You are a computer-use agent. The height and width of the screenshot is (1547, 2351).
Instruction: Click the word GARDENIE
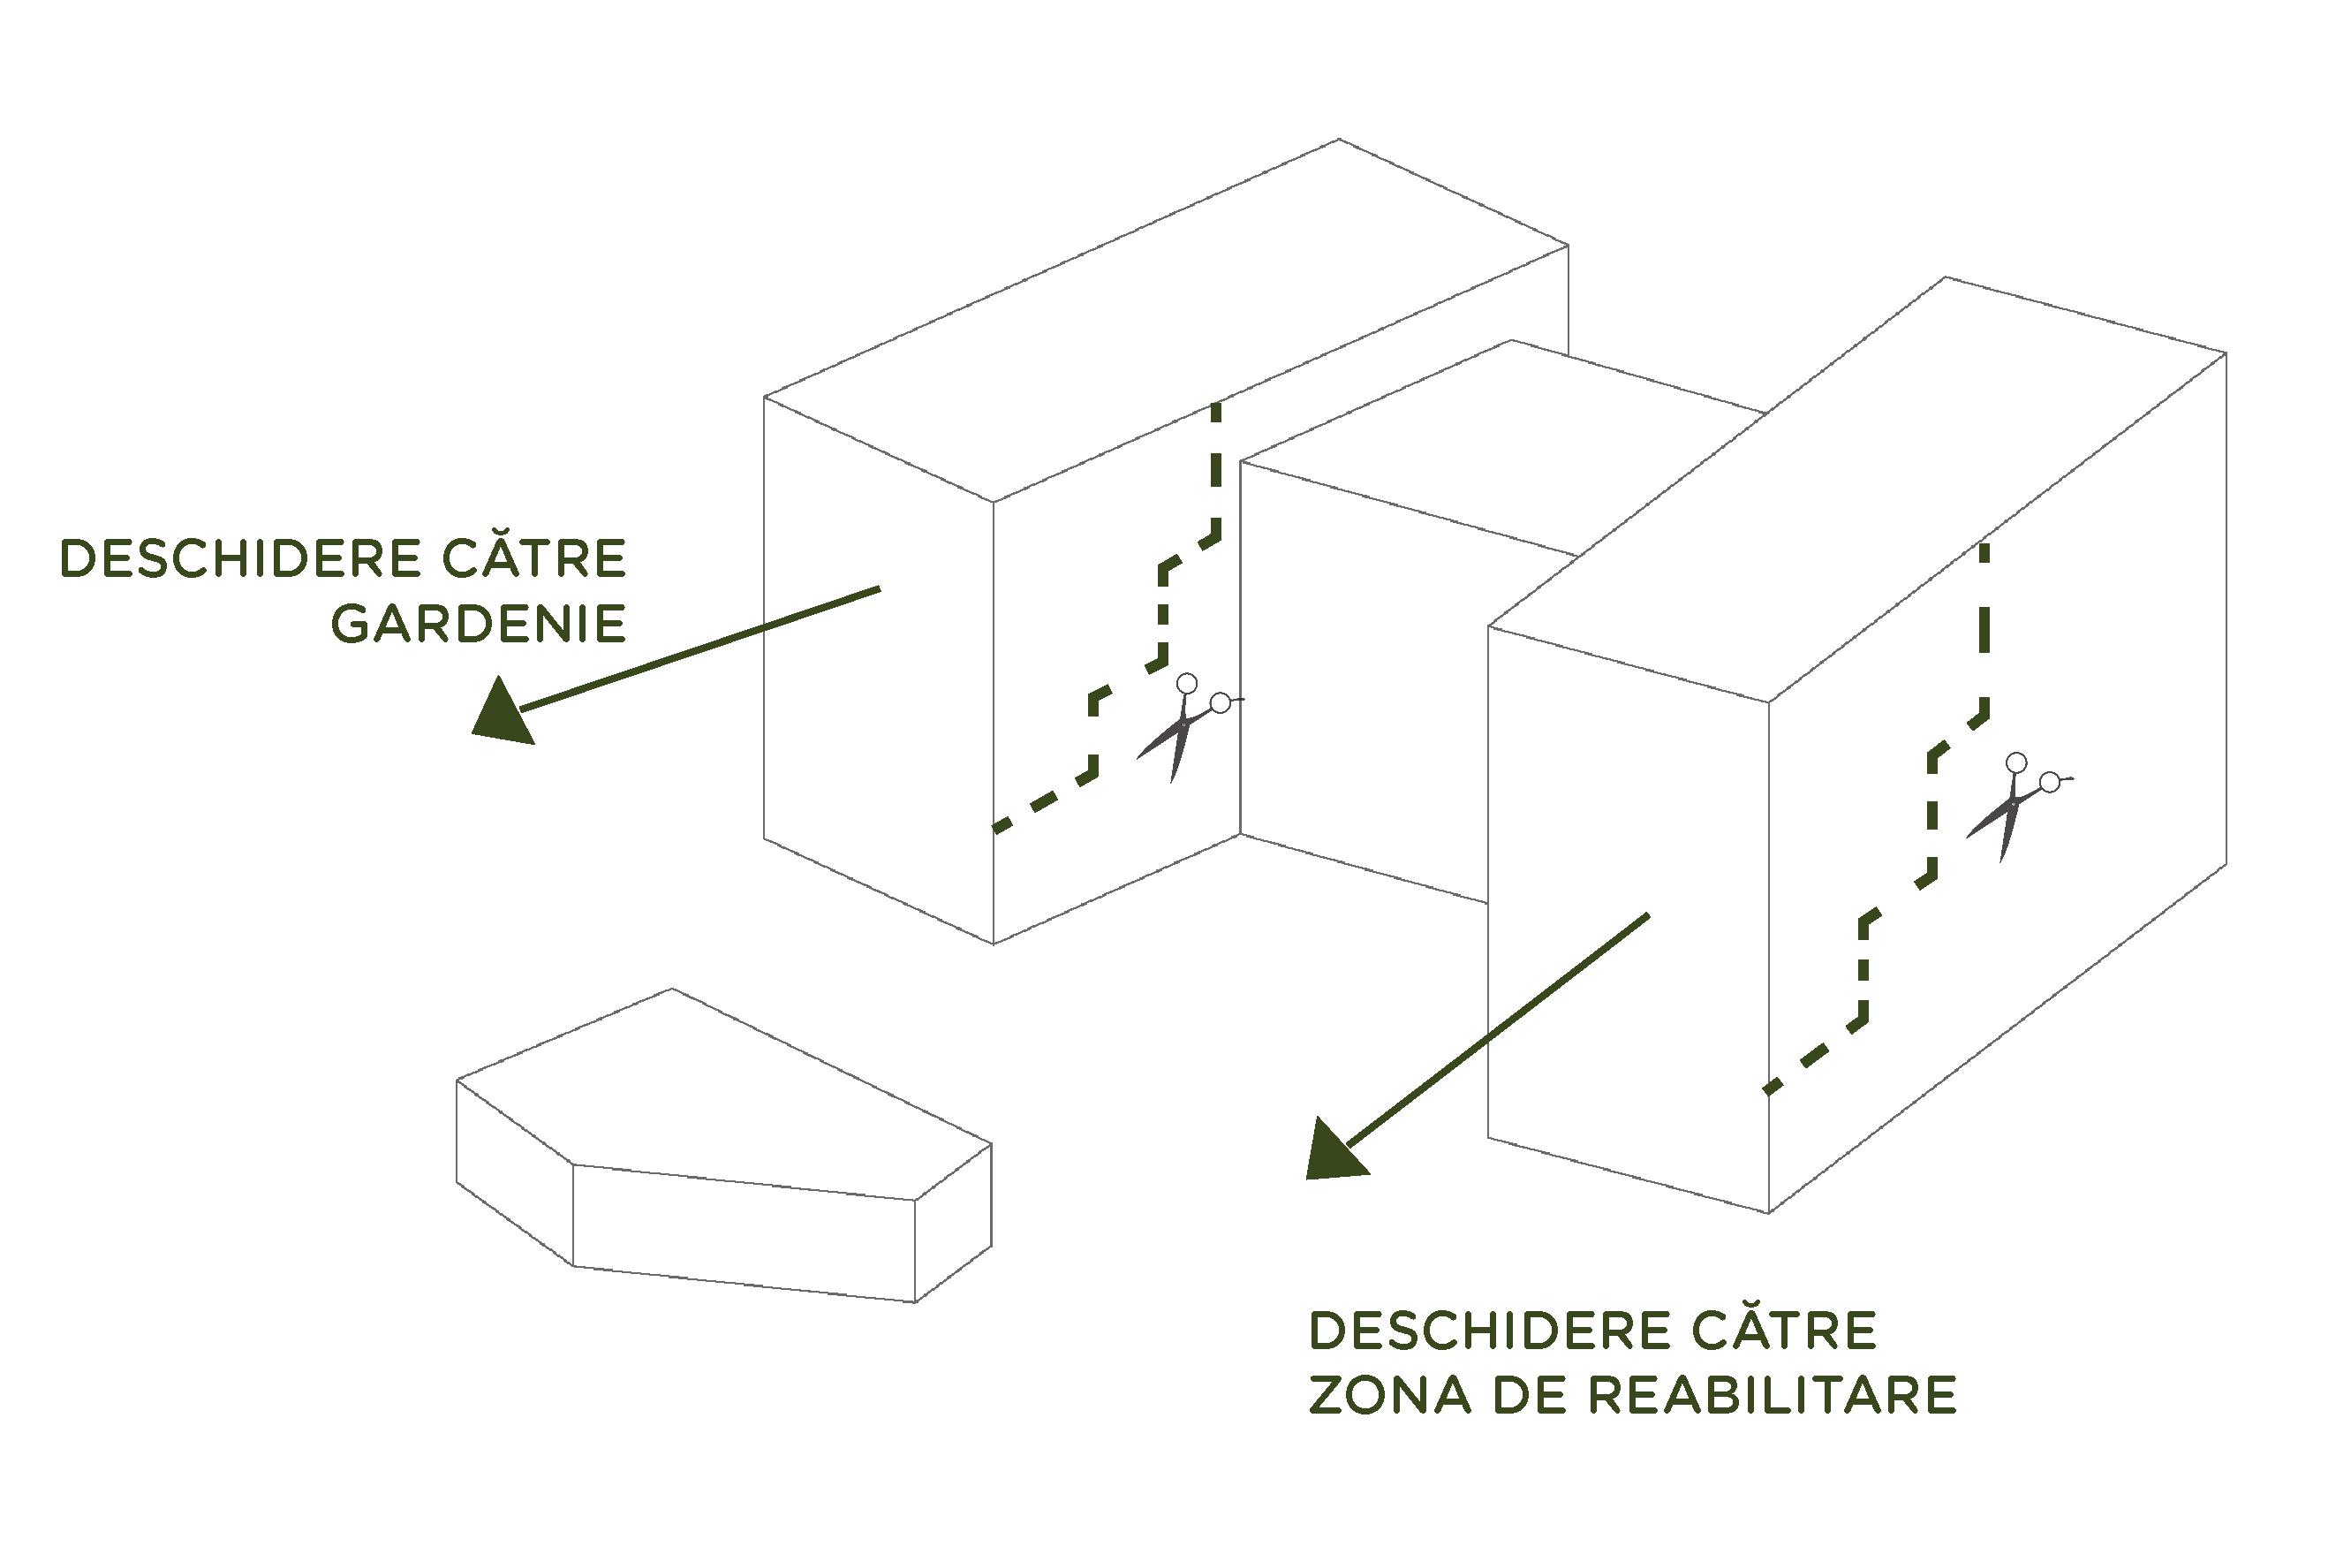tap(478, 624)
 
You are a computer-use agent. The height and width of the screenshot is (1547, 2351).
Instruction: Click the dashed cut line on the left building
tap(1165, 612)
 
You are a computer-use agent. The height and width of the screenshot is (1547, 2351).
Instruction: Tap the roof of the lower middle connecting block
tap(1501, 444)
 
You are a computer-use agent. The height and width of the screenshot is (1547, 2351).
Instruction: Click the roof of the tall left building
tap(1166, 316)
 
